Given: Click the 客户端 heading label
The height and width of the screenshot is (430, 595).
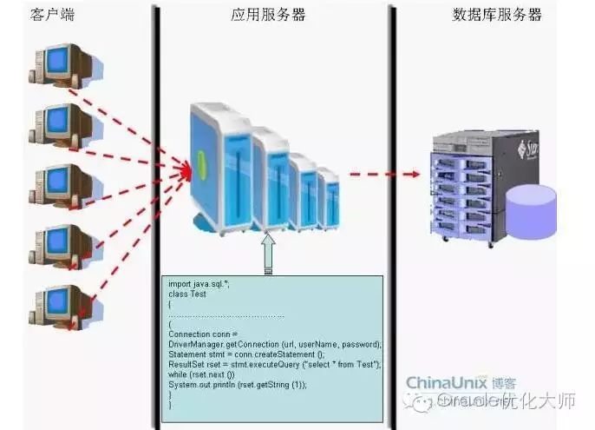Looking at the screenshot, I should (55, 14).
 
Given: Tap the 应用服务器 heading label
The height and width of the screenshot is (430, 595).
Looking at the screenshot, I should (268, 15).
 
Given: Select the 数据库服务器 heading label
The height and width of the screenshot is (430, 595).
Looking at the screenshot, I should (497, 15).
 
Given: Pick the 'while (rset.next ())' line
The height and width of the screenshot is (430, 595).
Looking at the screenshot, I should (200, 374).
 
